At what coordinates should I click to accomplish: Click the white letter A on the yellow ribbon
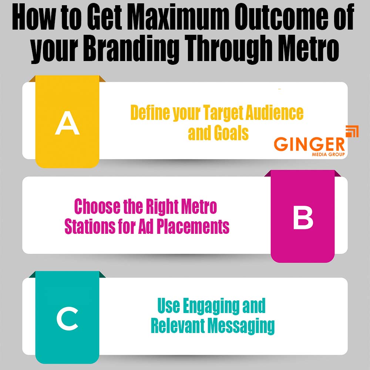tap(67, 123)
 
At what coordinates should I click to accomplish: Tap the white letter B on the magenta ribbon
tap(303, 217)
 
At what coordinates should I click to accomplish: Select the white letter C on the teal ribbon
tap(67, 319)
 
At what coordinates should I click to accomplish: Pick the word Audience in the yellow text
tap(275, 112)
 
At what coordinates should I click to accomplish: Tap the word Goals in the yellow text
tap(231, 133)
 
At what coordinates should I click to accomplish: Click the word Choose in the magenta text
tap(97, 206)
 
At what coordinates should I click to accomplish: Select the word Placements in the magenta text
tap(193, 226)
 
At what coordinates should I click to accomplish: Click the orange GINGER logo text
tap(309, 144)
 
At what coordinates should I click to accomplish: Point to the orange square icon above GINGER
tap(352, 131)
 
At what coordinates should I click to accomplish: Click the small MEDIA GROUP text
tap(328, 155)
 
